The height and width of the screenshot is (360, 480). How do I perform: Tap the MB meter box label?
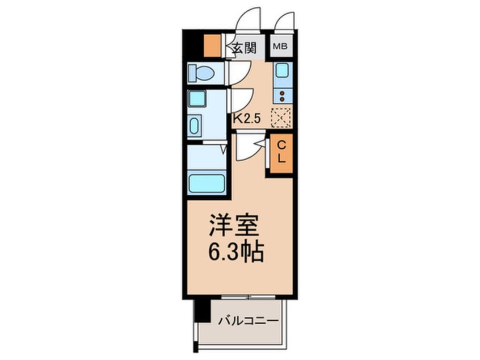click(x=281, y=47)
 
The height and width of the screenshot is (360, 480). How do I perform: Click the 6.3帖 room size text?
click(x=236, y=253)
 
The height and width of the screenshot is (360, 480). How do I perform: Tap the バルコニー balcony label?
click(x=249, y=321)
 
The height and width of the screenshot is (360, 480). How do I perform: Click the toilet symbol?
click(x=201, y=73)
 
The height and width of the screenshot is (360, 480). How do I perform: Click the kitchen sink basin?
click(x=282, y=72)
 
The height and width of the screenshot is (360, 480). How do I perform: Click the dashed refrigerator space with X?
click(x=281, y=118)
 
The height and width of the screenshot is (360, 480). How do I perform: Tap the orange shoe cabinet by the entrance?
click(x=212, y=45)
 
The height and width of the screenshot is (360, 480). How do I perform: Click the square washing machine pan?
click(x=197, y=98)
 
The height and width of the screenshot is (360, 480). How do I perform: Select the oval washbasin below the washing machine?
click(x=194, y=125)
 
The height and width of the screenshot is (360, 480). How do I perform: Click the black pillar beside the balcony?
click(x=199, y=310)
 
